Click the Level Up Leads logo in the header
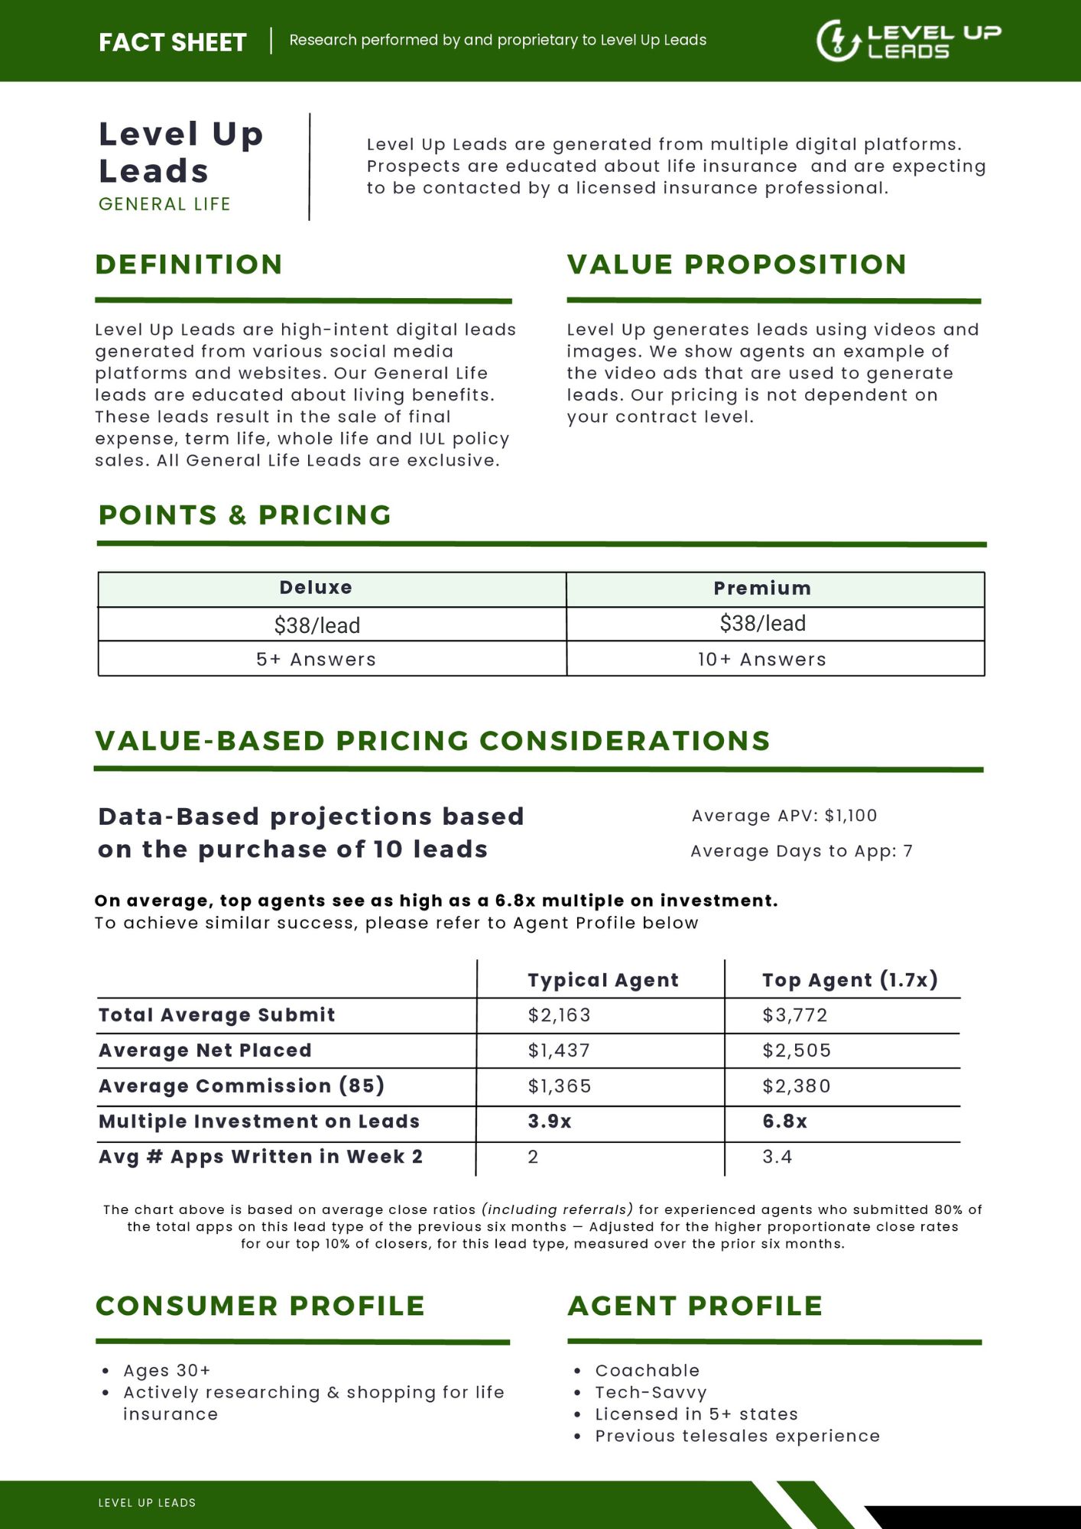(908, 41)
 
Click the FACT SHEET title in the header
(173, 42)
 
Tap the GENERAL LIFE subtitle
(164, 204)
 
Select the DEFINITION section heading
(189, 265)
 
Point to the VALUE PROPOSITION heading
(736, 265)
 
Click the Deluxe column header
(316, 588)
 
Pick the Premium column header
(762, 589)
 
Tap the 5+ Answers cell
(316, 660)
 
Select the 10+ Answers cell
(762, 660)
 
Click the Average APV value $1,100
(850, 816)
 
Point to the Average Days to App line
(801, 852)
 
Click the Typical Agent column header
(602, 980)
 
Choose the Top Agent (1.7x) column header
(849, 980)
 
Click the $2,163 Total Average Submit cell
(559, 1015)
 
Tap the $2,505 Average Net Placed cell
(796, 1050)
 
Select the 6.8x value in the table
(784, 1122)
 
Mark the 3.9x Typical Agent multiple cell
(549, 1122)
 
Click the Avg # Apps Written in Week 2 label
(261, 1157)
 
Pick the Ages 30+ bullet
(167, 1371)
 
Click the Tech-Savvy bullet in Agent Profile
(651, 1393)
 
